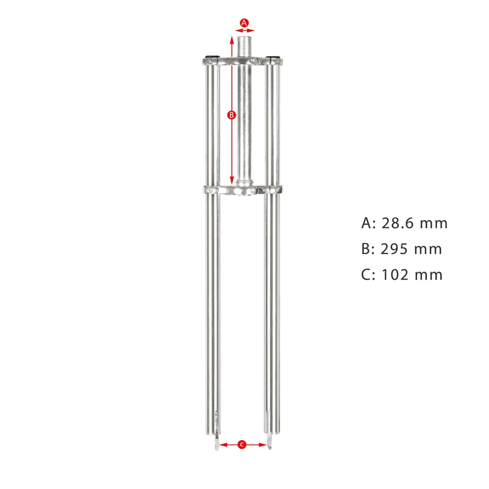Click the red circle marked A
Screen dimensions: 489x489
244,22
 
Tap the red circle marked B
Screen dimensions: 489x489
231,115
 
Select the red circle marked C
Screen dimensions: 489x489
242,445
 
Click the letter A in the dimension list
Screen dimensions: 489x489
367,223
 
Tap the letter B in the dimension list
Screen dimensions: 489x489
367,249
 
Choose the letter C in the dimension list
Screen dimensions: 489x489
367,275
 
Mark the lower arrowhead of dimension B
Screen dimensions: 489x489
232,182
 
